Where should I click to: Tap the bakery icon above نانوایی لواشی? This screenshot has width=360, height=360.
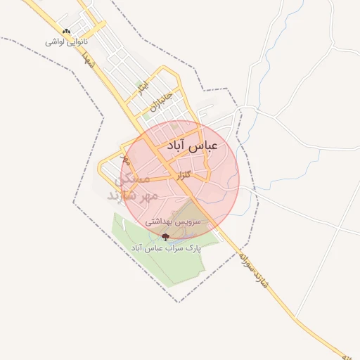[x=67, y=32]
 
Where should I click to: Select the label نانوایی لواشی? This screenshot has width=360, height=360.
[x=65, y=42]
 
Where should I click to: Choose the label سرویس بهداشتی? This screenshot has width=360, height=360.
[x=173, y=221]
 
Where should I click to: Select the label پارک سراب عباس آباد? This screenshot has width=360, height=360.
[x=166, y=247]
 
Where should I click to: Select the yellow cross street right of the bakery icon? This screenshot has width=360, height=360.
[x=88, y=31]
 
